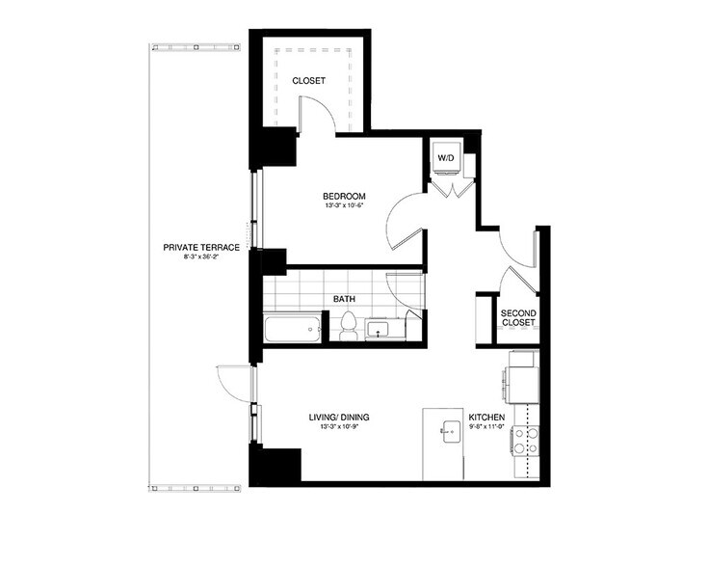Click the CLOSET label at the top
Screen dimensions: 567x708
point(308,81)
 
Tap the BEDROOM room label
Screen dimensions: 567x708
point(344,196)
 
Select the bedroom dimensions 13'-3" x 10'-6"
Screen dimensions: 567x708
point(344,206)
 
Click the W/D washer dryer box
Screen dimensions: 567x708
point(446,156)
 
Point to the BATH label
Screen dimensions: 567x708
point(344,299)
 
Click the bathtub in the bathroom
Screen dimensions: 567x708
point(295,330)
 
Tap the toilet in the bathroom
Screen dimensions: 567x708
point(349,328)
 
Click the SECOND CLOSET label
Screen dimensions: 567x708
point(518,318)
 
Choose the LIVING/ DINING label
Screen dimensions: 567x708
point(339,418)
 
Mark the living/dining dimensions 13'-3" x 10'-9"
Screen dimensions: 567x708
point(339,428)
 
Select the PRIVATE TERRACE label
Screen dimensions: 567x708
point(201,248)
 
